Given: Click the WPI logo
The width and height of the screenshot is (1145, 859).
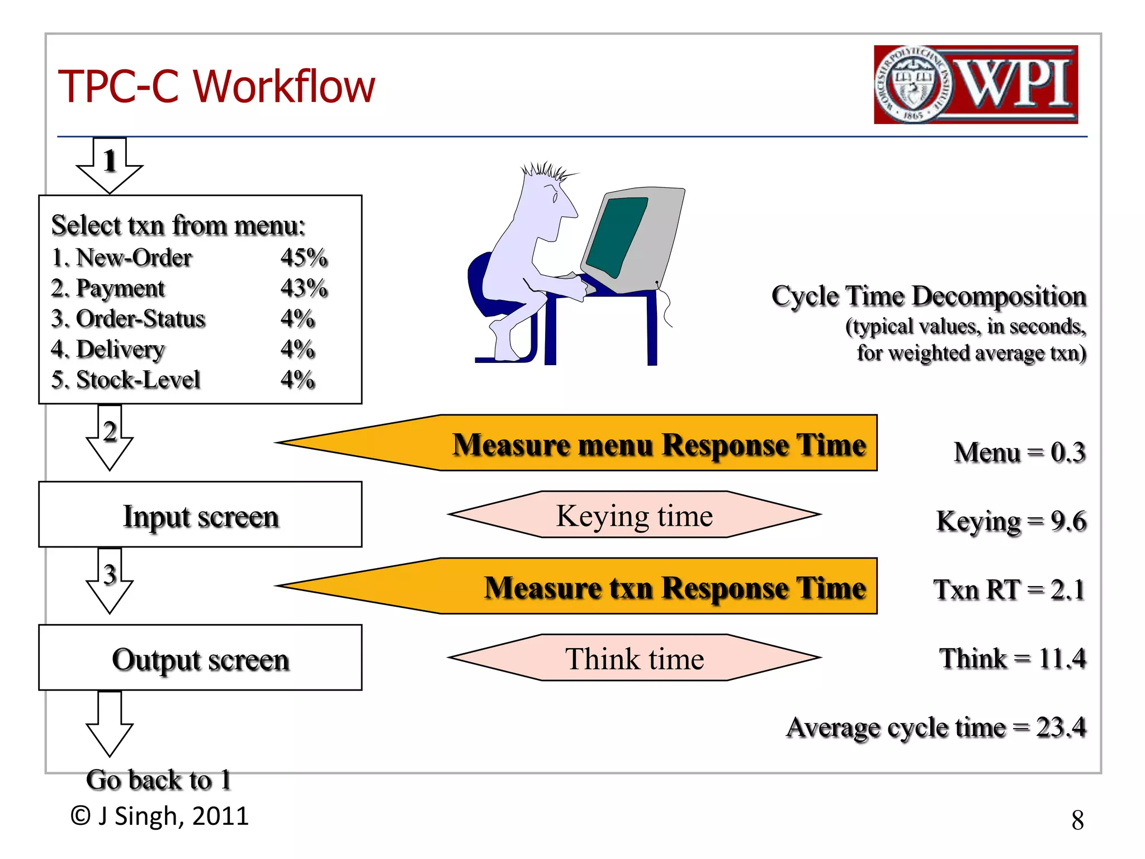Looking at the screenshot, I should point(976,84).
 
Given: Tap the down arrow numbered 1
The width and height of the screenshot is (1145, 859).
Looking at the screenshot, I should point(110,165).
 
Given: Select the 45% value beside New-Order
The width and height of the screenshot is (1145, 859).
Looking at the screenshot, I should point(304,258).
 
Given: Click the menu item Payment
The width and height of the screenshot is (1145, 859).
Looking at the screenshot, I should point(120,289).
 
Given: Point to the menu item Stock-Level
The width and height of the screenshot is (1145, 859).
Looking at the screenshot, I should point(137,380).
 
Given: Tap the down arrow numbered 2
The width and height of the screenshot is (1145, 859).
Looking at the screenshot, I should point(110,439).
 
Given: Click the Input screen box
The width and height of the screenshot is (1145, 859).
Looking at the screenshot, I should point(200,515).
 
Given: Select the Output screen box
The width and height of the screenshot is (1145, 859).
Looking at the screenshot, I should point(200,658).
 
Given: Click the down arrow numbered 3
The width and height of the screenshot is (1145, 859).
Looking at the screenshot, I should point(110,582).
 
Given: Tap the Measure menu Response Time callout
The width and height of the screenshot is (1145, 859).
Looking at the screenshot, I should point(615,443).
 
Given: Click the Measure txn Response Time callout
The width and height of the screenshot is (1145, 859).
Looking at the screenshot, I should point(615,587).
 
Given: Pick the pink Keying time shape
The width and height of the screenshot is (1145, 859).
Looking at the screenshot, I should point(635,515).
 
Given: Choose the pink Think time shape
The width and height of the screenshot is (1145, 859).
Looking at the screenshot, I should point(635,658).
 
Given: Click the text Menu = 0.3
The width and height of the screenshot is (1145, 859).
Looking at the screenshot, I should point(1019,452).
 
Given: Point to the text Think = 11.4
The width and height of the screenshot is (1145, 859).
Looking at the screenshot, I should point(1012,658).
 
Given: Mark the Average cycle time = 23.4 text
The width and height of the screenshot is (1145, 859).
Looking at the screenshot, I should point(936,728).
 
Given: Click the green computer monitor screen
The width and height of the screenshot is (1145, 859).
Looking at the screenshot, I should point(616,236).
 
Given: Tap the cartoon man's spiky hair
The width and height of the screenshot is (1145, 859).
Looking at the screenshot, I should point(545,170).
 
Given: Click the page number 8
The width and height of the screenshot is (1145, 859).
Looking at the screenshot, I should point(1077,820).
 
